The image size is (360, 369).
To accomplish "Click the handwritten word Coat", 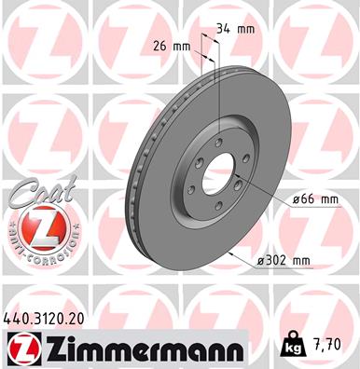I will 35,197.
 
